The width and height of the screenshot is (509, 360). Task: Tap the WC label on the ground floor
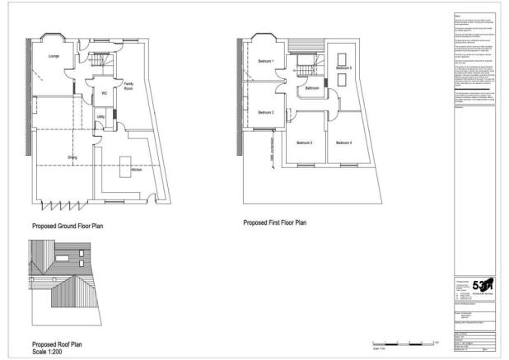105,94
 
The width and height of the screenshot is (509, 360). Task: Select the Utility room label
100,117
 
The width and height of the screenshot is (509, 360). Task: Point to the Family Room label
129,85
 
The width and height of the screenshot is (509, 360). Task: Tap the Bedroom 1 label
265,62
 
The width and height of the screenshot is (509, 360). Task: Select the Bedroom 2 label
265,112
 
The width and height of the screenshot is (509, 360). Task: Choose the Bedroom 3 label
305,143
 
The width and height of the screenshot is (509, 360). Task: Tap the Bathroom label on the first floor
312,88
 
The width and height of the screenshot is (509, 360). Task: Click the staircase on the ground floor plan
99,63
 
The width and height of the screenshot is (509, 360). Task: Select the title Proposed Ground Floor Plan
68,225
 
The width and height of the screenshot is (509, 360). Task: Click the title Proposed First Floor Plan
274,222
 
